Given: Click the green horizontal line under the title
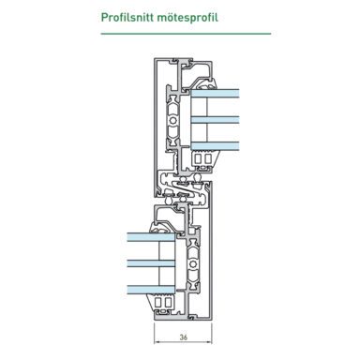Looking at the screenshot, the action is coord(179,34).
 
